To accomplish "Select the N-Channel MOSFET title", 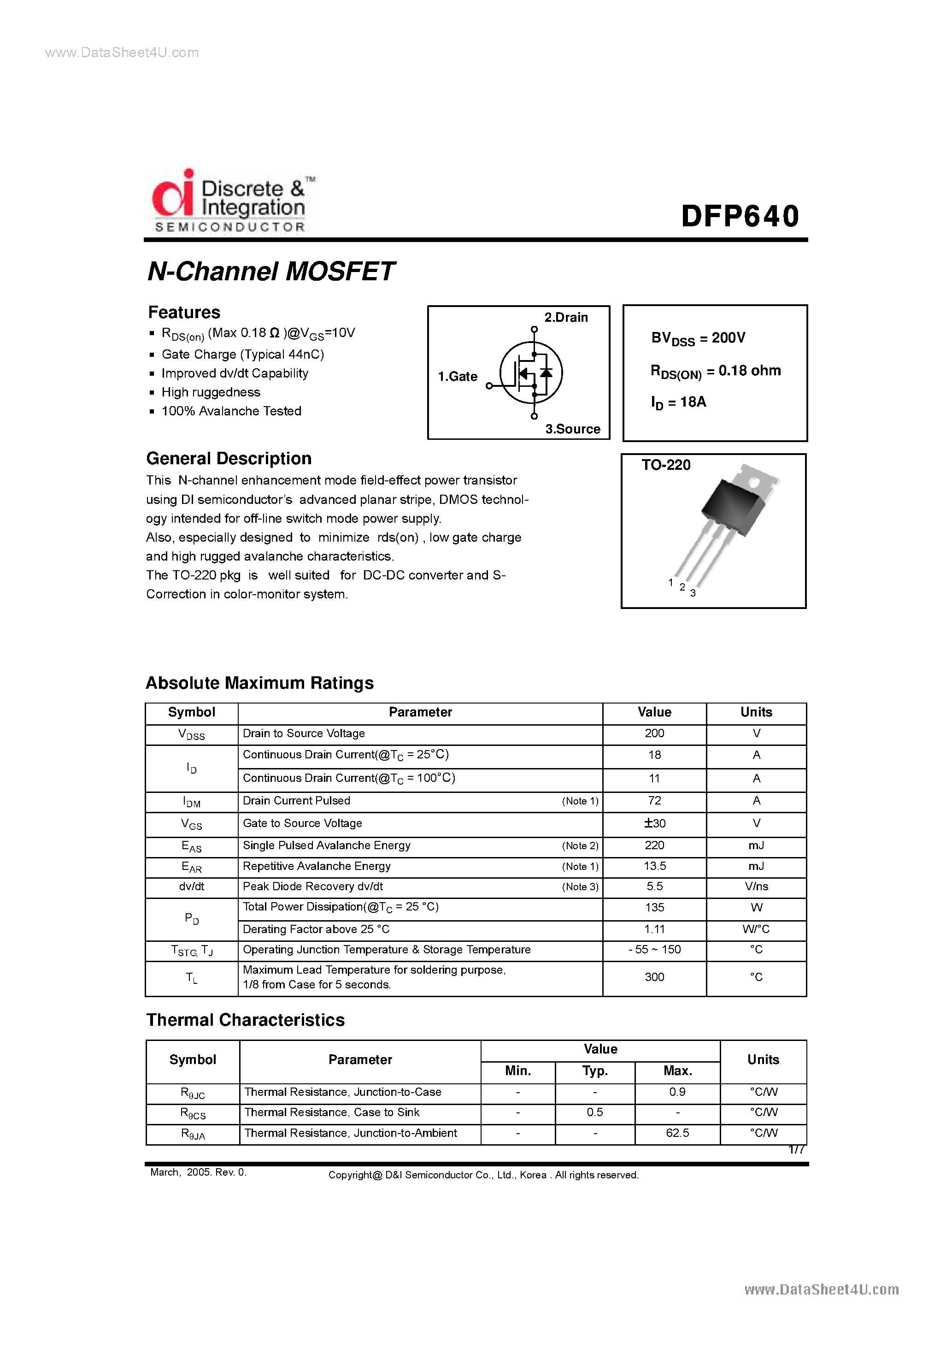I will (x=270, y=271).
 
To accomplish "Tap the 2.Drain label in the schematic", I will (x=565, y=318).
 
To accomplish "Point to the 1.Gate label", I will (x=457, y=376).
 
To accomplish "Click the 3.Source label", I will (x=572, y=429).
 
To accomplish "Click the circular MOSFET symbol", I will (x=531, y=372).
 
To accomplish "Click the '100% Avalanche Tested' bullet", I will (x=231, y=411).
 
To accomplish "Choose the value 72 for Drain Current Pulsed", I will (x=654, y=801).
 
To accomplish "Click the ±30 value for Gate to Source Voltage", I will (x=654, y=823).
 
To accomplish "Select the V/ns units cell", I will (x=756, y=887).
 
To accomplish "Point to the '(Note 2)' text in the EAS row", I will (x=580, y=845).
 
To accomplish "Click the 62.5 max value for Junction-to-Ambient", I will (x=677, y=1133).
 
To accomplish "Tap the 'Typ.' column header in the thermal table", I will (x=594, y=1071).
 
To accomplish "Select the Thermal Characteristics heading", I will (x=245, y=1020).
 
